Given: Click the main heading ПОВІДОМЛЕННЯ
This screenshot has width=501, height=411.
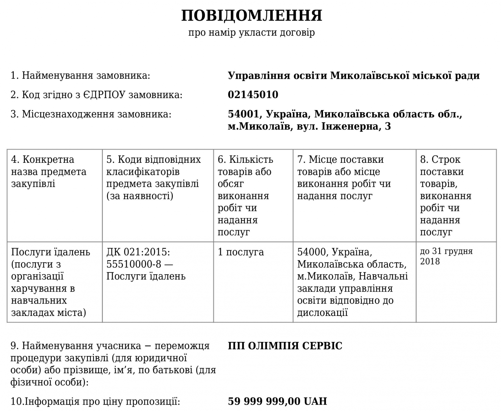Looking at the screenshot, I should pos(252,16).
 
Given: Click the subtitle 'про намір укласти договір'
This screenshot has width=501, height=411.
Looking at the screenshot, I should pos(252,33).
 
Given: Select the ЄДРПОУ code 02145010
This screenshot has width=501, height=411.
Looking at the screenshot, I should pos(253,95).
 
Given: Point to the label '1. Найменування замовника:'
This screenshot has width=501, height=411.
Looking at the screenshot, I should pos(80,75).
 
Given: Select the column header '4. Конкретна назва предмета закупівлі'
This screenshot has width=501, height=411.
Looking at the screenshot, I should pos(49,171).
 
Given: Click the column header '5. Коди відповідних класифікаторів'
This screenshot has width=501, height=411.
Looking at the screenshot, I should pos(154,177).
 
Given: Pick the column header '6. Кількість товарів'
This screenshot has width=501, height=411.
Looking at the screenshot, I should pos(245,195).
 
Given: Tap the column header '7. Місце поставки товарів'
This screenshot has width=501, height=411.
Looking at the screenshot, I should pos(344,177).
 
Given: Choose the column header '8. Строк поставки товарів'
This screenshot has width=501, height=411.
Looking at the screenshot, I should pos(445,195).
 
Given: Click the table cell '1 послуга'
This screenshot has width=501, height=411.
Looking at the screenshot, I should pos(240,252).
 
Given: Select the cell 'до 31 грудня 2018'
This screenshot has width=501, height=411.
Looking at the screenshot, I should pos(446,256).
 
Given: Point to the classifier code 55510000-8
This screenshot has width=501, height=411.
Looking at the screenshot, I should pos(134,264).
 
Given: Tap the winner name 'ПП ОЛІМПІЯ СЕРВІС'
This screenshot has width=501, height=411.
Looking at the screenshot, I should pos(285,346).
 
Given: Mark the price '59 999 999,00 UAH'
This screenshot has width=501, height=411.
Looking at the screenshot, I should pos(277,401).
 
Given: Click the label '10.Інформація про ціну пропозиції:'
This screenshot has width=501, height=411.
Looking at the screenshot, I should pos(95,401).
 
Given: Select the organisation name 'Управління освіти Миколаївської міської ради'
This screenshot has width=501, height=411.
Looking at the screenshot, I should pos(354,76).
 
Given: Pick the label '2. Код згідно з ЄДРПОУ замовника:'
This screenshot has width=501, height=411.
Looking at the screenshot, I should pos(97,95).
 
